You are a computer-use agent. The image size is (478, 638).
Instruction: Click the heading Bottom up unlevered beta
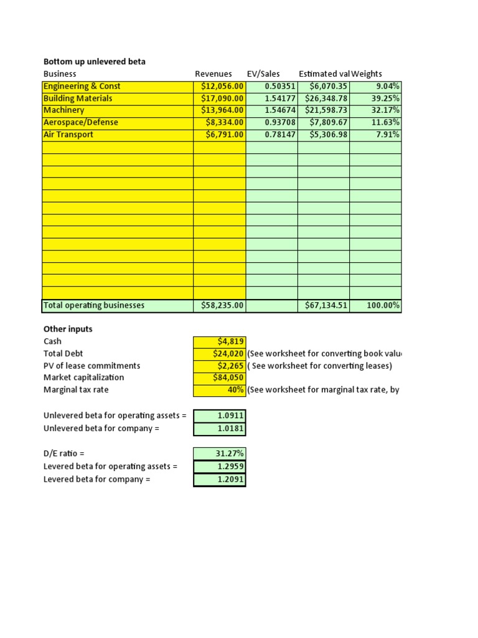94,62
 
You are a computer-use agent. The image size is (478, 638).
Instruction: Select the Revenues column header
213,74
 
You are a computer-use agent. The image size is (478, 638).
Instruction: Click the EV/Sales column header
263,74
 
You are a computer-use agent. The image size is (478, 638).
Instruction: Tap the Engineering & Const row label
82,86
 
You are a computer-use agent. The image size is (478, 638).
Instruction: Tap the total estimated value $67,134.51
326,305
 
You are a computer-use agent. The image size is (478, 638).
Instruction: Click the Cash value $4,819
231,341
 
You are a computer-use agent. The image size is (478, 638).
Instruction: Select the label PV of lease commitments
91,366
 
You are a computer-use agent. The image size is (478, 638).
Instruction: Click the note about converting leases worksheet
319,366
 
